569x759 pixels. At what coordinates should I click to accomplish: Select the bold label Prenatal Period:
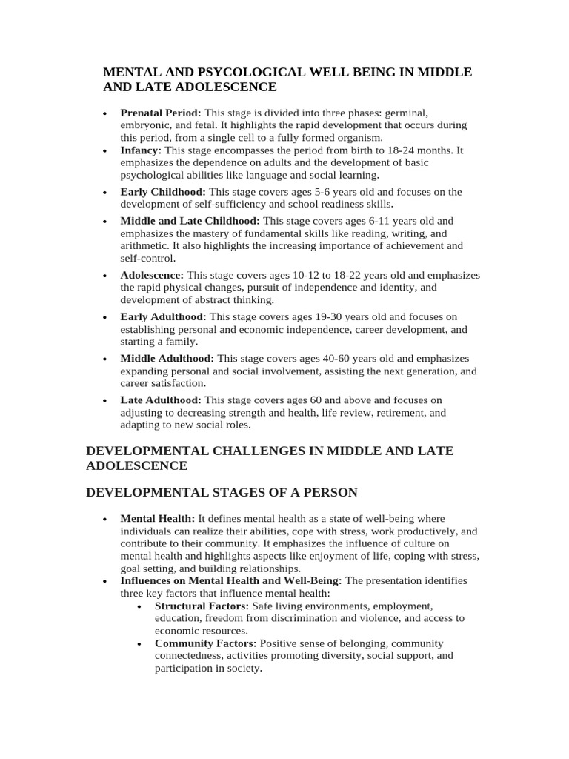[161, 113]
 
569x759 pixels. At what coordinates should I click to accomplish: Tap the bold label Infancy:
[141, 150]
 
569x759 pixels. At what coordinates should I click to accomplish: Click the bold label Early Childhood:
[163, 192]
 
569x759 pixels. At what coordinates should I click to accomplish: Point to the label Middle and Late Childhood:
[190, 221]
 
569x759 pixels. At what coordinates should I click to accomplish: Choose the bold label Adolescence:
[152, 275]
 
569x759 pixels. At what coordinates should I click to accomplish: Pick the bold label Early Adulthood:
[164, 316]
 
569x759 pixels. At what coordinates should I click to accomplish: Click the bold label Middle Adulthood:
[167, 359]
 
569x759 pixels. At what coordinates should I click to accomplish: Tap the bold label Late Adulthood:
[161, 400]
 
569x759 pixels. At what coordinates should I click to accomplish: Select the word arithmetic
[145, 246]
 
